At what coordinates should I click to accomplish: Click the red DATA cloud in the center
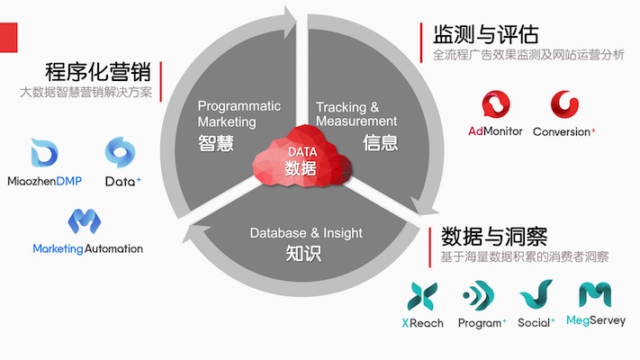tap(302, 157)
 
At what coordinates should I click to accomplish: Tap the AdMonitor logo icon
tap(496, 104)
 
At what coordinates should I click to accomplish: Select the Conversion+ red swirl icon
tap(564, 104)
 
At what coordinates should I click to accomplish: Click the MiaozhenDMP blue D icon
tap(44, 153)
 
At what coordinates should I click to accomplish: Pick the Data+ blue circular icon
tap(120, 152)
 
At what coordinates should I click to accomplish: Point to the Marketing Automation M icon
tap(85, 221)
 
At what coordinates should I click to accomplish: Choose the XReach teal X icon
tap(422, 296)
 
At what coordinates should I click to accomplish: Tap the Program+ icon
tap(479, 295)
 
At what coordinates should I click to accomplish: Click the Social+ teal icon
tap(536, 294)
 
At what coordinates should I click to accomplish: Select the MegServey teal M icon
tap(595, 294)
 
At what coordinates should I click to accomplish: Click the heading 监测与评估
tap(485, 34)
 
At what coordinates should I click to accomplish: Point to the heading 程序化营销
tap(98, 72)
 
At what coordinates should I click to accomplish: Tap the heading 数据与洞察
tap(494, 237)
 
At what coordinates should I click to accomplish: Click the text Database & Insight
tap(306, 233)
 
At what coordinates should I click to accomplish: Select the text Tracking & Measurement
tap(356, 114)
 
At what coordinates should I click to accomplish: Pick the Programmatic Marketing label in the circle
tap(239, 114)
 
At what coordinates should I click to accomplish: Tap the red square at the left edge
tap(9, 38)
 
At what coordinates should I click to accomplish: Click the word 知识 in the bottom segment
tap(303, 254)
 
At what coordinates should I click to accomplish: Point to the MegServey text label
tap(596, 320)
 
